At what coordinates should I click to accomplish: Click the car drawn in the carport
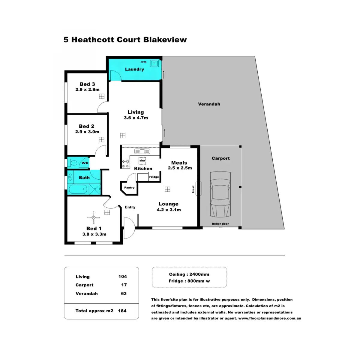coord(220,194)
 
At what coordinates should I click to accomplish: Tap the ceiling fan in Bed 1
coord(94,217)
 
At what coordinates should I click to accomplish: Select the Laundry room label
coord(134,69)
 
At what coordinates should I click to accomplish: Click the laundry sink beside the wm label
coord(154,63)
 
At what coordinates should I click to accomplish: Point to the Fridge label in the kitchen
coord(154,177)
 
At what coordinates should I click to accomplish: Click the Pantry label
coord(129,188)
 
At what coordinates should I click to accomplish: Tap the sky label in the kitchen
coord(142,161)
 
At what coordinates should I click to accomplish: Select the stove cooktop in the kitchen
coord(125,164)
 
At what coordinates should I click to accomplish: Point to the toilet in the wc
coord(73,163)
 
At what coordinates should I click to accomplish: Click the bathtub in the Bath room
coord(78,190)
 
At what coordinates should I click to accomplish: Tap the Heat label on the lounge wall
coord(193,189)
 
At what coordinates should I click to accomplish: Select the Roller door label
coord(220,224)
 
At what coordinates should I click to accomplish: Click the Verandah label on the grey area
coord(209,104)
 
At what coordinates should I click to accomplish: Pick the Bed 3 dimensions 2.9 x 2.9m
coord(87,90)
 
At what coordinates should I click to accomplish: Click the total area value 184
coord(122,311)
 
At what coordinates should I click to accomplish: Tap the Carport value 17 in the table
coord(124,285)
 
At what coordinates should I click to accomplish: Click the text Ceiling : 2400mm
coord(189,274)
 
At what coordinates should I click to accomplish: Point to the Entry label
coord(130,207)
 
